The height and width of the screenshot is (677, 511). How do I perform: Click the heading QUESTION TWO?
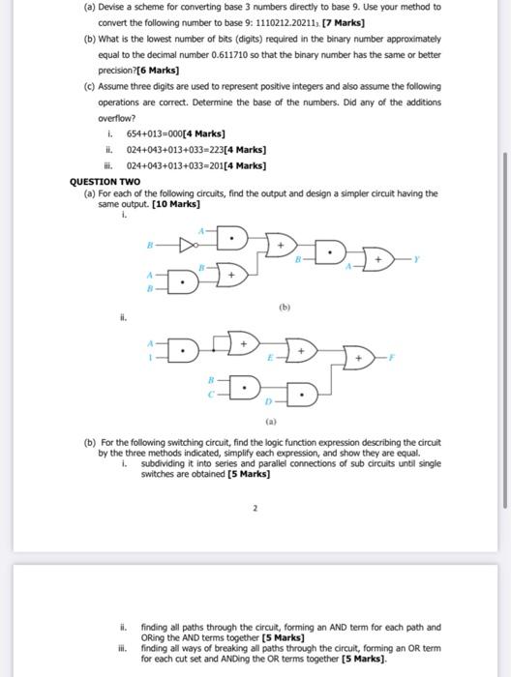point(106,181)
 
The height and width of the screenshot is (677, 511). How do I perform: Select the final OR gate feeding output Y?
point(376,258)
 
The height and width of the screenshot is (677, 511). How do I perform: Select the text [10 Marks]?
point(176,204)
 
